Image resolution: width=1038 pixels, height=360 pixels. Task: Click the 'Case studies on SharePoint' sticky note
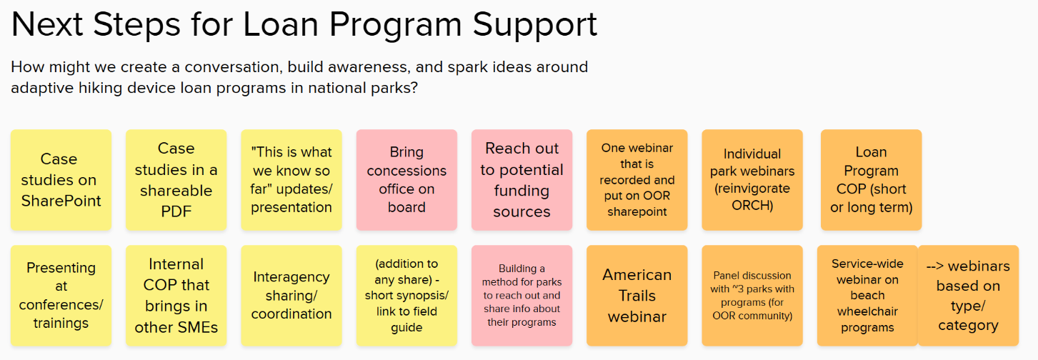61,180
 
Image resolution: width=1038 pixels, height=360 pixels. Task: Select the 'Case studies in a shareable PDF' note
176,180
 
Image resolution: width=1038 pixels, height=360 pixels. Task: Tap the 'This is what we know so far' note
291,180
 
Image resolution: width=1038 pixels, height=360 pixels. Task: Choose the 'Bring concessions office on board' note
406,180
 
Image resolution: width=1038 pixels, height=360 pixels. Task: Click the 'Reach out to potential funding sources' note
522,180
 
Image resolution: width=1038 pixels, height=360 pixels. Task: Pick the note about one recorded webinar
637,180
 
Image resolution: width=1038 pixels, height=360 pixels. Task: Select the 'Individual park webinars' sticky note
752,180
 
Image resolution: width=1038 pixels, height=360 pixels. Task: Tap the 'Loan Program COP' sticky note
871,180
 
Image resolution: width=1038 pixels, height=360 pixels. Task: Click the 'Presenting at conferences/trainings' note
61,296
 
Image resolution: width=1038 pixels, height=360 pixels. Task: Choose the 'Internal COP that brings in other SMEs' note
176,296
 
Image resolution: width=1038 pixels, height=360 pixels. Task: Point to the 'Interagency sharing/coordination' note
291,296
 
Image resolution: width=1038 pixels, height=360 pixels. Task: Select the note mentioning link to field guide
406,296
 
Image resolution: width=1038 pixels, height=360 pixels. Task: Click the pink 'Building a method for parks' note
522,296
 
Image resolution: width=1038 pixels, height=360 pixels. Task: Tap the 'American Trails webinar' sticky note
637,296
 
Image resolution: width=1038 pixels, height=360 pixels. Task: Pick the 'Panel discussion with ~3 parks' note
752,296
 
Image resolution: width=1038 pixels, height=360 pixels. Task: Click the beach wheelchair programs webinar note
867,296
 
